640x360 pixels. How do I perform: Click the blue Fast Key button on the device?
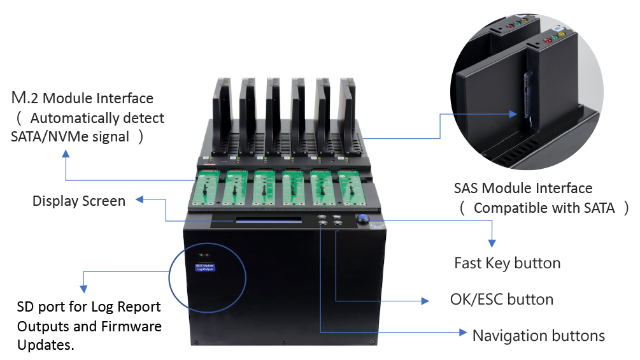pos(363,220)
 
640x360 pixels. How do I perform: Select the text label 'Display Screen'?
pos(79,201)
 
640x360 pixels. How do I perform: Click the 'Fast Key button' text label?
pos(507,263)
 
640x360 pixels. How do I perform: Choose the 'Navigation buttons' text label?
pos(538,335)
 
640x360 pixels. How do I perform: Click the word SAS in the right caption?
pos(466,189)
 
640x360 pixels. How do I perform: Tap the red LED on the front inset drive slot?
pos(547,41)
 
